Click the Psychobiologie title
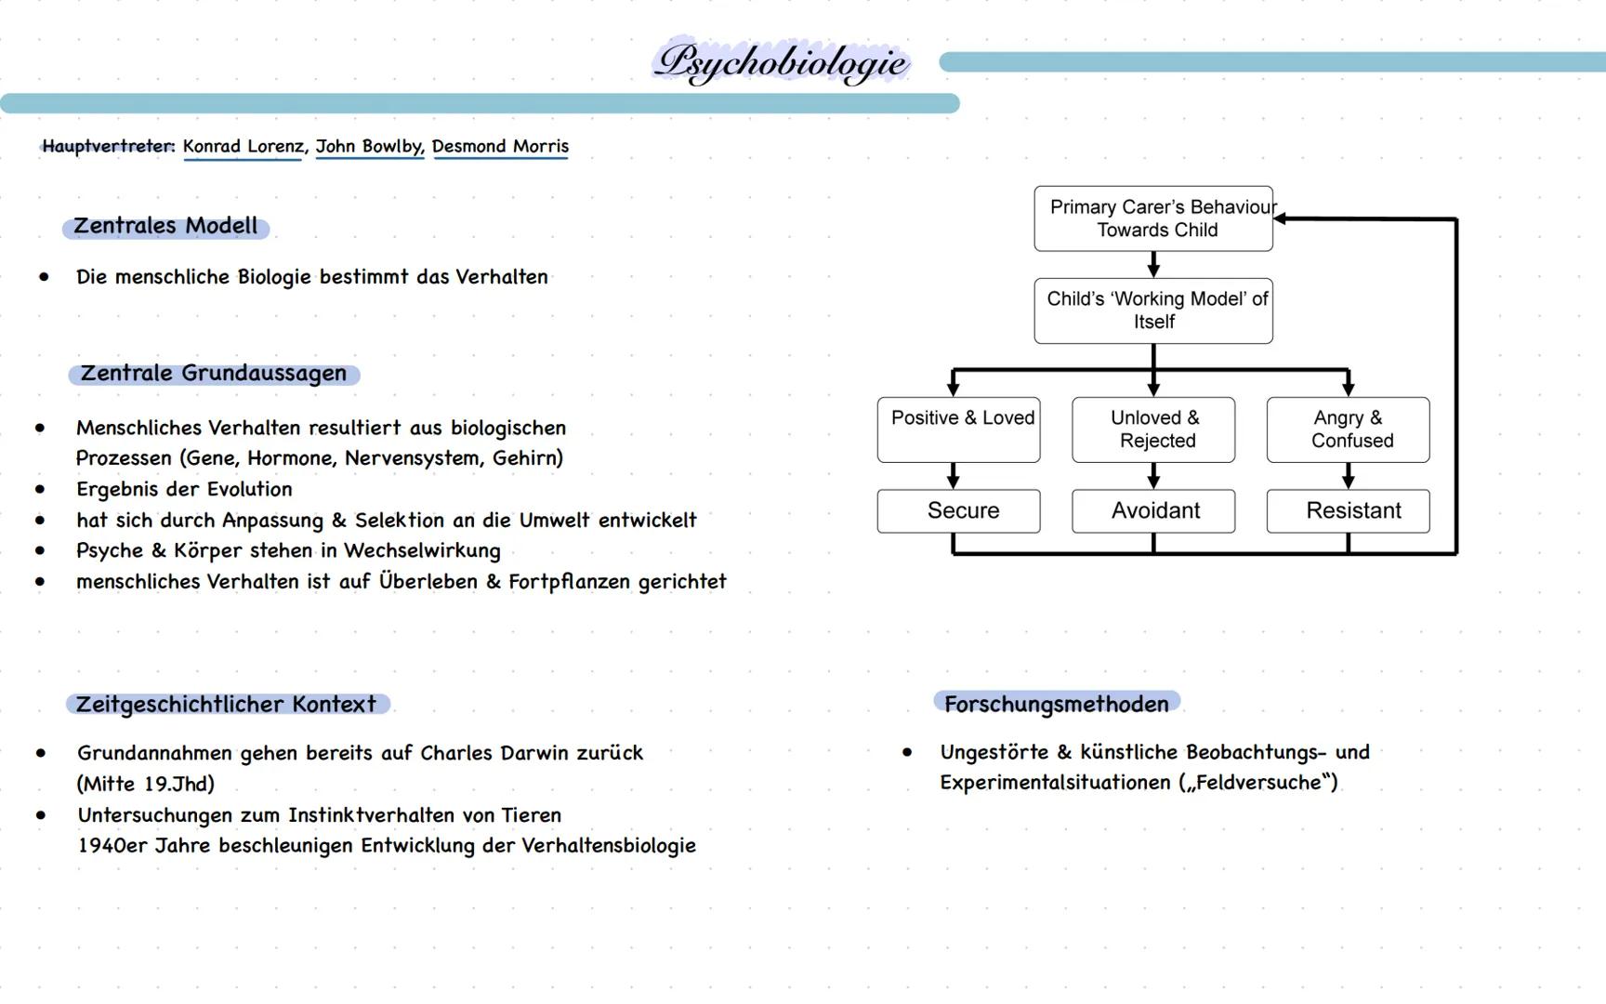(x=782, y=62)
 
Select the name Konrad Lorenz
(x=243, y=146)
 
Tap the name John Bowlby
(x=369, y=146)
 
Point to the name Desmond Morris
(x=500, y=146)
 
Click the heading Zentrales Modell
(x=165, y=226)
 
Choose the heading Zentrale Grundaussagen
(x=213, y=374)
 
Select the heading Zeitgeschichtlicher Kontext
(x=227, y=704)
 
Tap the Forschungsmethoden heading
(x=1056, y=704)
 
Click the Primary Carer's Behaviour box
(x=1152, y=218)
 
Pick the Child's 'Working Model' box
(x=1152, y=310)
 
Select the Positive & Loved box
(x=958, y=429)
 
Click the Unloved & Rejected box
(x=1153, y=429)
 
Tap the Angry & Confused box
(x=1348, y=429)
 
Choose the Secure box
(x=958, y=510)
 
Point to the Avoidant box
(x=1153, y=510)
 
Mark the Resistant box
(x=1348, y=510)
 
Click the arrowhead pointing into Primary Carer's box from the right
(x=1281, y=218)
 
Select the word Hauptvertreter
(x=108, y=146)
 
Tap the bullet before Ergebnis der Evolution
(x=40, y=489)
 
